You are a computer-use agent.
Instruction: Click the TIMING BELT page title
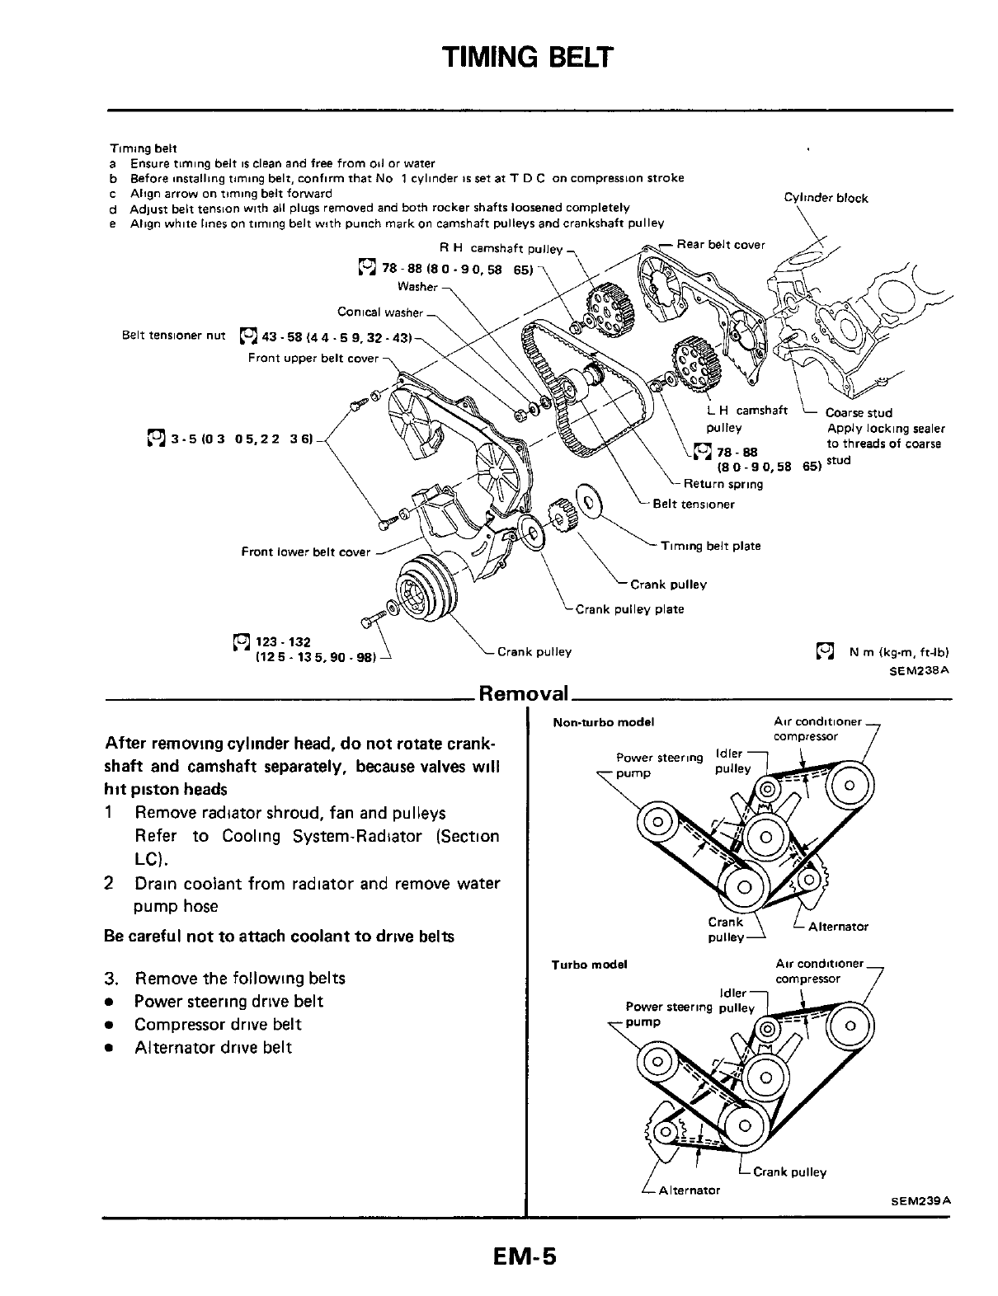click(528, 57)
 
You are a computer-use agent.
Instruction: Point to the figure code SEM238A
click(920, 670)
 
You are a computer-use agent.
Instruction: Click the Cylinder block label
click(826, 198)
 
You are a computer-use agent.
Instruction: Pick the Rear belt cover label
click(720, 245)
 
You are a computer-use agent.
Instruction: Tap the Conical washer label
click(379, 312)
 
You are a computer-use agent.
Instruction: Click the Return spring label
click(723, 484)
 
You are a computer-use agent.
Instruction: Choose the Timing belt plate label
click(710, 546)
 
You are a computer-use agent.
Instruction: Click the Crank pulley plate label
click(629, 609)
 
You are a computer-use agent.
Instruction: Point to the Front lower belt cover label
click(305, 552)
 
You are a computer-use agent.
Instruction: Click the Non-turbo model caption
click(603, 722)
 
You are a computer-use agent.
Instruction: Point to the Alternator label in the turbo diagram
click(689, 1190)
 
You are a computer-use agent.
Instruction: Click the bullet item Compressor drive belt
click(218, 1025)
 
